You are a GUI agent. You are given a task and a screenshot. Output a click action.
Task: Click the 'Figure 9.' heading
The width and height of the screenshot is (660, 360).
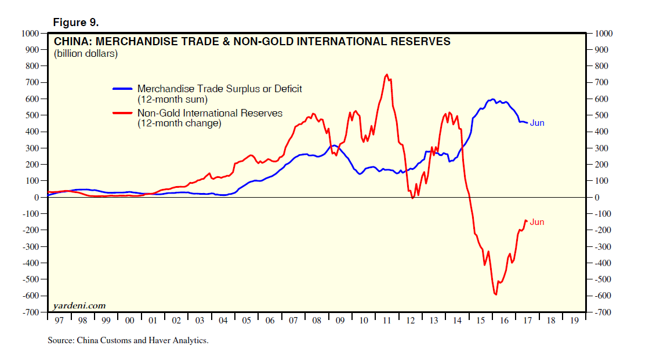tap(76, 23)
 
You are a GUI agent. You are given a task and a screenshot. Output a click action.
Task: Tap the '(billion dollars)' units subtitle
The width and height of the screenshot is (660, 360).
tap(86, 54)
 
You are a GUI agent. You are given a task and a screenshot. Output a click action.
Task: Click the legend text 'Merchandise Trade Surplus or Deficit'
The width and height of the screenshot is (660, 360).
tap(219, 89)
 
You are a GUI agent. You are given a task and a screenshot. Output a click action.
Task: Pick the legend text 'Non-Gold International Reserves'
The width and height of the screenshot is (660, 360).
tap(209, 113)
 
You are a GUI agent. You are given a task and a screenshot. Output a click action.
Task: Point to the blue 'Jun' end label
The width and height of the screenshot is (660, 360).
tap(537, 123)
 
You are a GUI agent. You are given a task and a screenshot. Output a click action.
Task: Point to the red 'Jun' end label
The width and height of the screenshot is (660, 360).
tap(537, 222)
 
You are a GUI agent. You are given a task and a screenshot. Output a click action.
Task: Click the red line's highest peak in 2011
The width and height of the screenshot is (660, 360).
tap(386, 74)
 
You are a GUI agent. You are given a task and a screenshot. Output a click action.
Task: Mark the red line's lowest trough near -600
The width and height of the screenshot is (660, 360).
tap(496, 294)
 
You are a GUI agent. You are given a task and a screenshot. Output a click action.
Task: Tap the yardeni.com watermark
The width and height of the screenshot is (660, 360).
tap(79, 306)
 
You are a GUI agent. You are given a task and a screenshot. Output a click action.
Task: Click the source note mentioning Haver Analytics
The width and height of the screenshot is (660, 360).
tap(128, 340)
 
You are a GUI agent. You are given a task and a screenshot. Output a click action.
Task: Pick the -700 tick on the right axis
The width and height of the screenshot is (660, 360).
tap(603, 312)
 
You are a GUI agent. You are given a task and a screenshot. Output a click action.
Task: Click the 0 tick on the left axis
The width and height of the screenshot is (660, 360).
tap(35, 198)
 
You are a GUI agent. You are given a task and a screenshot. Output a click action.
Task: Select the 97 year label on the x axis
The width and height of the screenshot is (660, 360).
tap(59, 320)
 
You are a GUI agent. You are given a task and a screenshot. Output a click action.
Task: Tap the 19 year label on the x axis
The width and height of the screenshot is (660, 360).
tap(574, 320)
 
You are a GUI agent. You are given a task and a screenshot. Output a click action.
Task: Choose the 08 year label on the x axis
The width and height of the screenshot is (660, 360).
tap(317, 320)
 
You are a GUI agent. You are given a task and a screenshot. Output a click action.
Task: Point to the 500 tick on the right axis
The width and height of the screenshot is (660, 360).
tap(601, 115)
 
